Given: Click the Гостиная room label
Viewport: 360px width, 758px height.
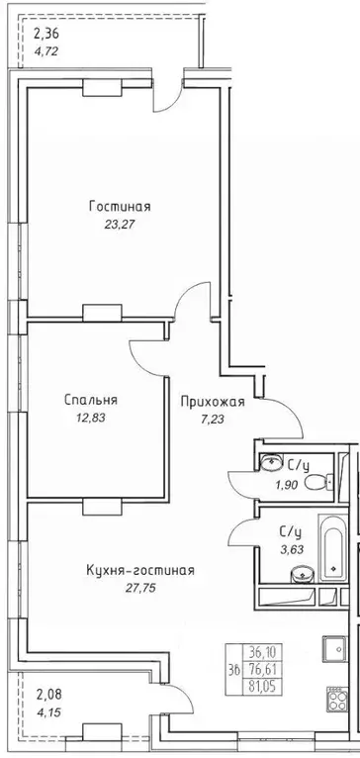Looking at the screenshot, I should tap(119, 206).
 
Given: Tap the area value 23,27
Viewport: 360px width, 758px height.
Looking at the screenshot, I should tap(119, 224).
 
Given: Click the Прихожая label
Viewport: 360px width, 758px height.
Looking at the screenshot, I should tap(212, 402).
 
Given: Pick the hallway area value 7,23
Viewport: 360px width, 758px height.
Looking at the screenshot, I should tap(212, 420).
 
